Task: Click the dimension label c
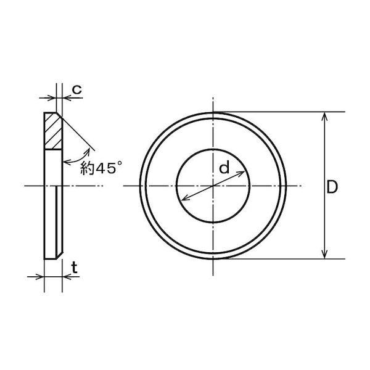(76, 89)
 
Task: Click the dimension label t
(75, 268)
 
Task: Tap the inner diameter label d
(224, 167)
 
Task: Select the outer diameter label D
(332, 187)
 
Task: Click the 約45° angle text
(101, 168)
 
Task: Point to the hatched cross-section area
(53, 131)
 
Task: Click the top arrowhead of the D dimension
(325, 116)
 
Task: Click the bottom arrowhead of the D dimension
(325, 255)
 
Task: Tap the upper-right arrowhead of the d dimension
(241, 173)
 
